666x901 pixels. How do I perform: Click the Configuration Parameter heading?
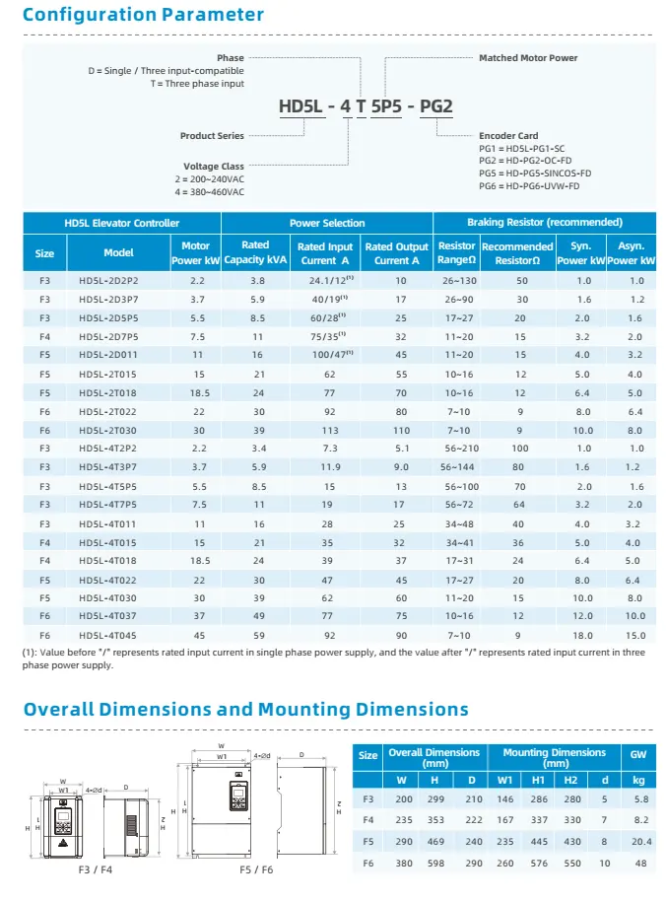coord(143,15)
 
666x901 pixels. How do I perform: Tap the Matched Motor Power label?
coord(528,58)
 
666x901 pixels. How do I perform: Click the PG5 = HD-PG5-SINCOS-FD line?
coord(535,173)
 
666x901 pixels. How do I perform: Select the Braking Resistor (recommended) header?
coord(544,223)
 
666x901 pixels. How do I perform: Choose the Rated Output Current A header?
coord(397,253)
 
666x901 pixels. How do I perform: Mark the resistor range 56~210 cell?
coord(456,449)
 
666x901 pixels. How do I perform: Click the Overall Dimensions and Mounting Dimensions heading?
coord(245,710)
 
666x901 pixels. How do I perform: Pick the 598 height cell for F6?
coord(433,863)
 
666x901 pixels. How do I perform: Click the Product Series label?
coord(212,135)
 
